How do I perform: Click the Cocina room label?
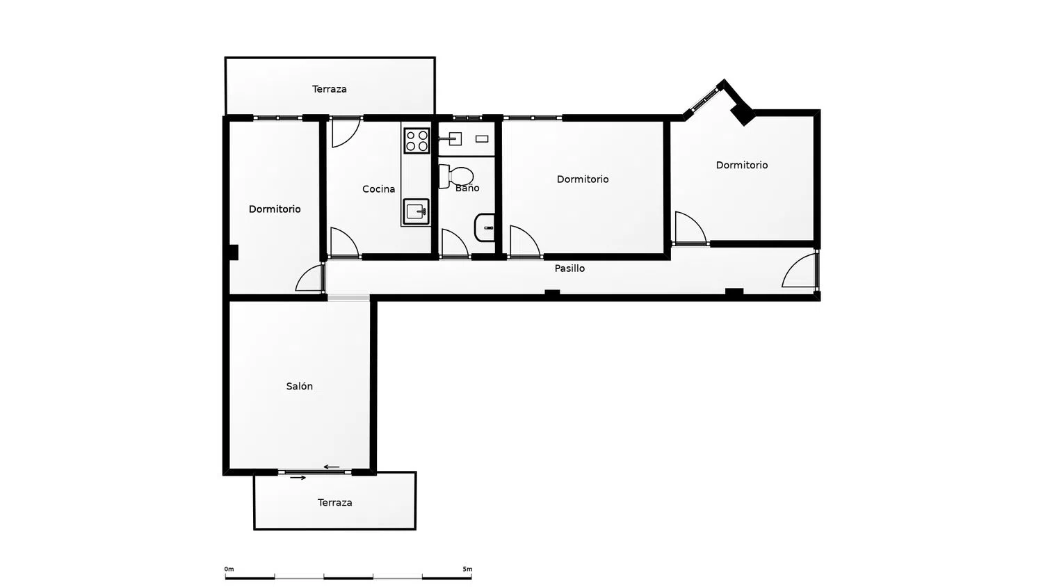tap(378, 188)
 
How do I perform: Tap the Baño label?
tap(467, 188)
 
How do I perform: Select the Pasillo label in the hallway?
tap(569, 268)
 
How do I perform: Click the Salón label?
tap(300, 386)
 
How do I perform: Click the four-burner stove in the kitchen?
tap(417, 140)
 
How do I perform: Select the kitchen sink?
tap(416, 211)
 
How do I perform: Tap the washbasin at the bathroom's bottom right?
tap(485, 227)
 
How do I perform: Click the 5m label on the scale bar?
tap(467, 569)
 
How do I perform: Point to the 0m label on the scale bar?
tap(229, 569)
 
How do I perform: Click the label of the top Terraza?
tap(329, 89)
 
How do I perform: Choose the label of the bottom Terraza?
tap(334, 503)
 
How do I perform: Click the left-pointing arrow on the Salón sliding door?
tap(332, 467)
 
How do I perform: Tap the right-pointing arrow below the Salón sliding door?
tap(298, 478)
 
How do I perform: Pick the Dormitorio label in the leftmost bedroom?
tap(275, 209)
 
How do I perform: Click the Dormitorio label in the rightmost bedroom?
tap(742, 165)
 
